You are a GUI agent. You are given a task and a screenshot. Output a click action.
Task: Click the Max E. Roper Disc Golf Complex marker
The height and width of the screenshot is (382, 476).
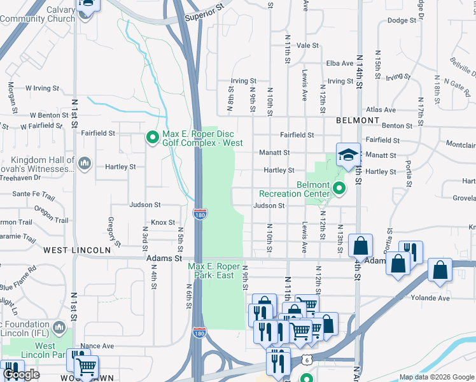tap(152, 138)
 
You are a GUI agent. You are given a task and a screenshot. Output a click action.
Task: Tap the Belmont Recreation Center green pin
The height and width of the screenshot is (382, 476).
tap(339, 188)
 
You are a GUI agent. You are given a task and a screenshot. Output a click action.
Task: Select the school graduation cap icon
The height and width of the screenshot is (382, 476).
tap(348, 154)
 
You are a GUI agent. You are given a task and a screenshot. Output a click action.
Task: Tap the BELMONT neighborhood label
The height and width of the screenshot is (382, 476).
tap(358, 120)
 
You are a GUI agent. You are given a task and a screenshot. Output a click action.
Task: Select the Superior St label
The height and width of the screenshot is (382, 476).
tap(205, 13)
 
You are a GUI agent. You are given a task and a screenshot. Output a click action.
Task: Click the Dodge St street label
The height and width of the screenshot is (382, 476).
tap(402, 20)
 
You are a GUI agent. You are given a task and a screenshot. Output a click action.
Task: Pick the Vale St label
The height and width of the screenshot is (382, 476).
tap(307, 45)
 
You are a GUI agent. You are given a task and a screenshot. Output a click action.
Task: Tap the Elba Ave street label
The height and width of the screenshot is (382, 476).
tap(340, 63)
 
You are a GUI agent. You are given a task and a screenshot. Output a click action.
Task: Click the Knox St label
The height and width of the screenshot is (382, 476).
tap(163, 222)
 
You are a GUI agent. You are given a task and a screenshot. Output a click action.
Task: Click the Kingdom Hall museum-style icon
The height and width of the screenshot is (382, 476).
tap(84, 165)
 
